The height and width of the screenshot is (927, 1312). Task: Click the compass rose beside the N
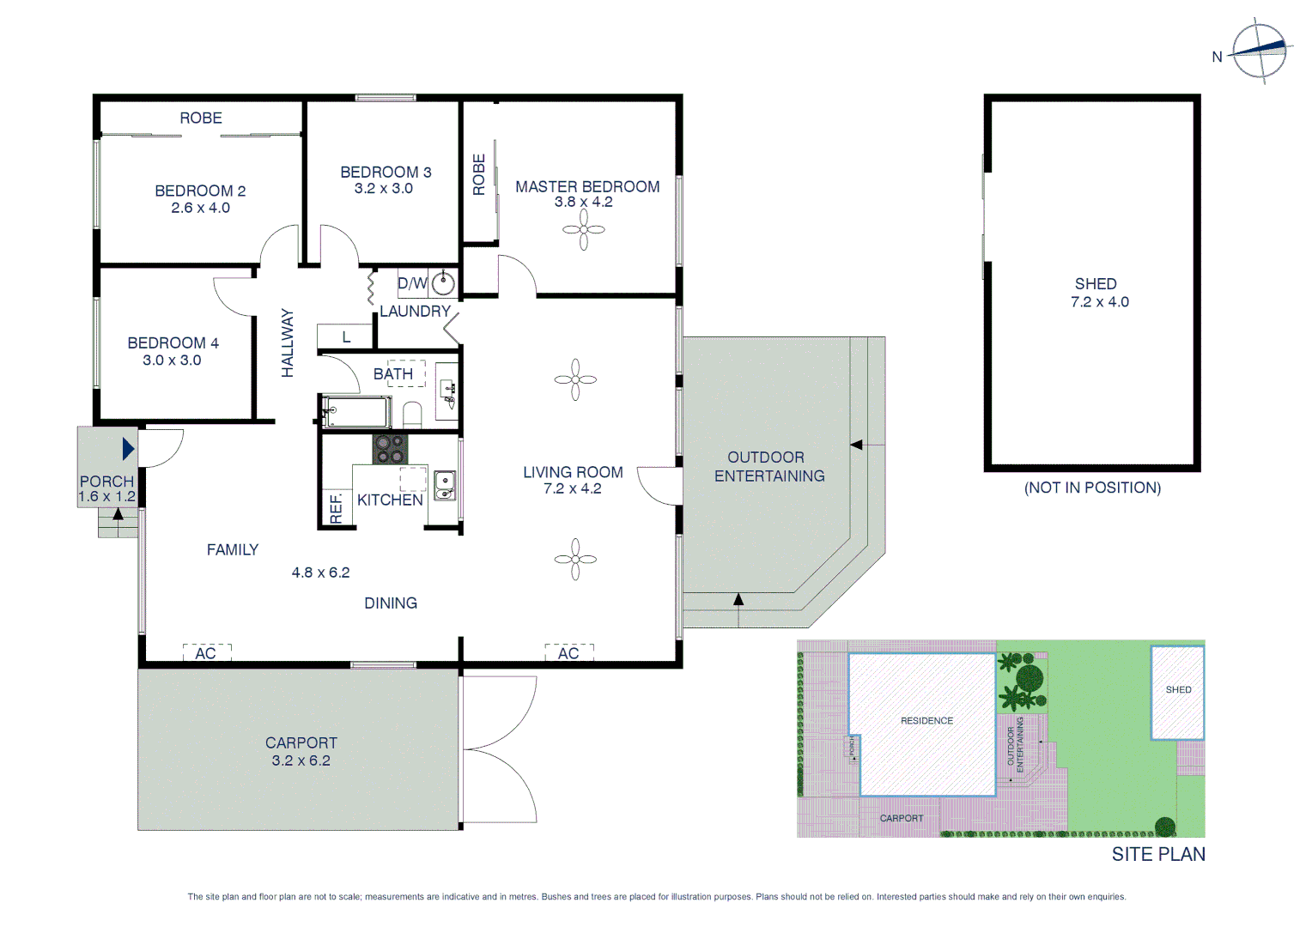point(1260,51)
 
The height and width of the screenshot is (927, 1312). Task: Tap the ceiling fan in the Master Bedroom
point(584,230)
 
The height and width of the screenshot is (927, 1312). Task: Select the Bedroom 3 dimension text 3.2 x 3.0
point(383,189)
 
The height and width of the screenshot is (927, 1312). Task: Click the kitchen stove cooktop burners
point(390,450)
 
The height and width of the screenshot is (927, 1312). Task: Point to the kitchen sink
point(444,486)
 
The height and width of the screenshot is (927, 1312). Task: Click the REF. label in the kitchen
point(336,508)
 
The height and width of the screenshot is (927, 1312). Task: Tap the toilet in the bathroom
point(413,415)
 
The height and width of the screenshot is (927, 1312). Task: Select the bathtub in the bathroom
point(356,412)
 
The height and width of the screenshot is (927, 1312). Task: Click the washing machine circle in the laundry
point(443,282)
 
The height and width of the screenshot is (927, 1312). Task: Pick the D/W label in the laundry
point(412,283)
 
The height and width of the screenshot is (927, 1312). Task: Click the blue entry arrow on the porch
point(128,449)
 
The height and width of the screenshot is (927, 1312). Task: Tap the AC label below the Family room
point(206,654)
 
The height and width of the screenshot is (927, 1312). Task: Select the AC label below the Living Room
point(568,654)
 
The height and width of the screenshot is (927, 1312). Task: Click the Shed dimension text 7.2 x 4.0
point(1099,302)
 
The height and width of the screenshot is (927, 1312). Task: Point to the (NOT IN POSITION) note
point(1092,488)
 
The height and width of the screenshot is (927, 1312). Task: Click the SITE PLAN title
point(1158,854)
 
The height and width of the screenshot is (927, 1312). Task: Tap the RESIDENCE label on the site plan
point(926,721)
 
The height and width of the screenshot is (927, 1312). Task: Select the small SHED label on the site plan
point(1178,690)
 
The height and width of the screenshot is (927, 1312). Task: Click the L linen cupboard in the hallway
point(345,337)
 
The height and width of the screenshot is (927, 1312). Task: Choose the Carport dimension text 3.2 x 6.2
point(301,760)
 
